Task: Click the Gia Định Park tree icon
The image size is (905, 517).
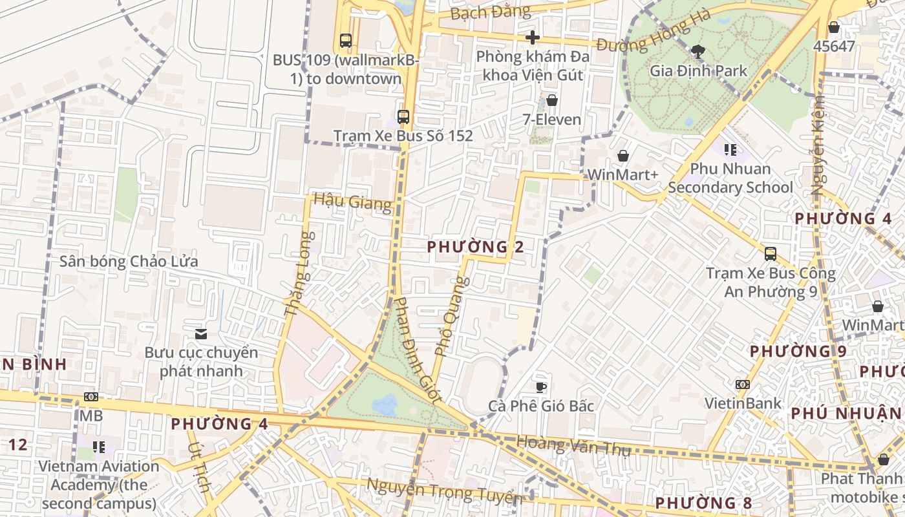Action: (x=697, y=50)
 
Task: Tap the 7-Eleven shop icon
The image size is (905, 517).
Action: (x=552, y=100)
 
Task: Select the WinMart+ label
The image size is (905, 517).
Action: (x=622, y=175)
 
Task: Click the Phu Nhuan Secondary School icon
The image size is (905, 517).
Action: (x=730, y=150)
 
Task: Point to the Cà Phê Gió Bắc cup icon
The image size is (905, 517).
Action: (x=541, y=386)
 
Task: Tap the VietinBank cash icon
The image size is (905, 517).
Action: (x=743, y=384)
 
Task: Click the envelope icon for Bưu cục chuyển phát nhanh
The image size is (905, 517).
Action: (x=201, y=333)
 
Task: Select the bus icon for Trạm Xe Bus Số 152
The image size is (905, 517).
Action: (x=403, y=117)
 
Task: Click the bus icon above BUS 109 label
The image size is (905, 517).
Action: (x=346, y=41)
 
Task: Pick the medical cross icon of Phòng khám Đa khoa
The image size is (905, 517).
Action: (x=533, y=37)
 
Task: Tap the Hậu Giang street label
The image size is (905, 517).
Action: (x=352, y=202)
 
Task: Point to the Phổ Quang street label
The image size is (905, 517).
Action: (x=451, y=317)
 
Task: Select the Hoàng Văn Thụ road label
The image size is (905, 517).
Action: (x=573, y=446)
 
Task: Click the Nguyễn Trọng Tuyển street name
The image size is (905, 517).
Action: (x=444, y=492)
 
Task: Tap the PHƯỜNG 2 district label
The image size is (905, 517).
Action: (x=475, y=246)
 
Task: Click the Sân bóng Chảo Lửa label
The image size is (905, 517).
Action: (x=129, y=262)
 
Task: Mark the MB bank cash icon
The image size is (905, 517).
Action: (x=91, y=396)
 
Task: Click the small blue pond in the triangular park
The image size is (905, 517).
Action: (x=385, y=405)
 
